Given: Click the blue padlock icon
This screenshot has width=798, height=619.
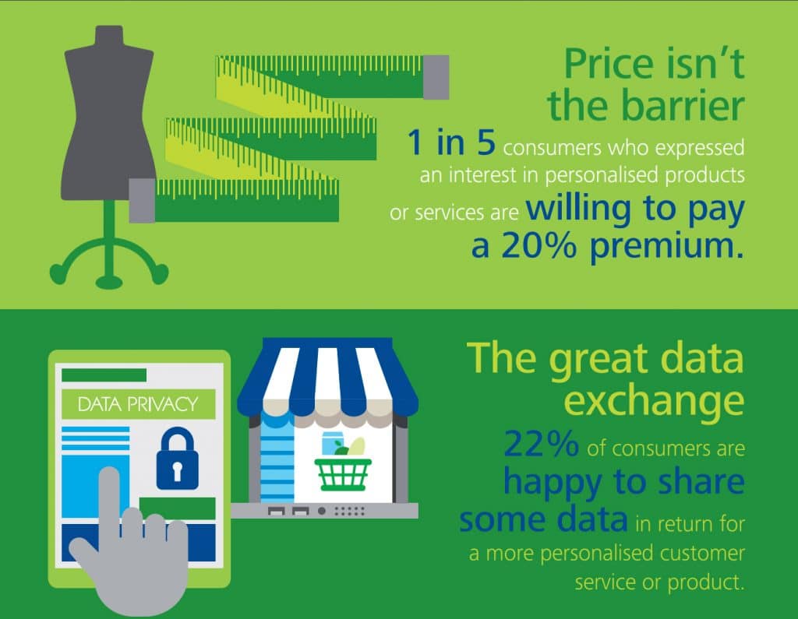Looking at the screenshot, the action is [177, 459].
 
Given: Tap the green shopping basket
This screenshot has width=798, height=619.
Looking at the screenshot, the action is [343, 474].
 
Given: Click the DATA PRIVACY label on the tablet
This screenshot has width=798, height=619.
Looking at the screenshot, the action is [138, 404].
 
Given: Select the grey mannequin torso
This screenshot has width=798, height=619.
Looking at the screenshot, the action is [108, 113].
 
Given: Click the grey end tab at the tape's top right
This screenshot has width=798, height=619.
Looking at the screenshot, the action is [436, 77].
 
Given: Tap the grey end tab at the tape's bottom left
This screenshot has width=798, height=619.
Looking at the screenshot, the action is [142, 200].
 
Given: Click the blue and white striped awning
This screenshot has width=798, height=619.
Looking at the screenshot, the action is [327, 378].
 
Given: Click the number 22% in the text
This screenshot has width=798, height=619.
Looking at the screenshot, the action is [541, 444].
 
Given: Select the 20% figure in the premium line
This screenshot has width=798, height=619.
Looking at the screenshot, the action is [539, 246].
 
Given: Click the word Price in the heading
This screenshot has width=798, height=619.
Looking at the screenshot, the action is [609, 64].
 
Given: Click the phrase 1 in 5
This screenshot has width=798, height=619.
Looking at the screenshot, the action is [451, 142].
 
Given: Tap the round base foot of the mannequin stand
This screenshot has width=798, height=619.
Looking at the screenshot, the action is [109, 282].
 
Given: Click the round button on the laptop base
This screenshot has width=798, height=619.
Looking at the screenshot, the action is [322, 511].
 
